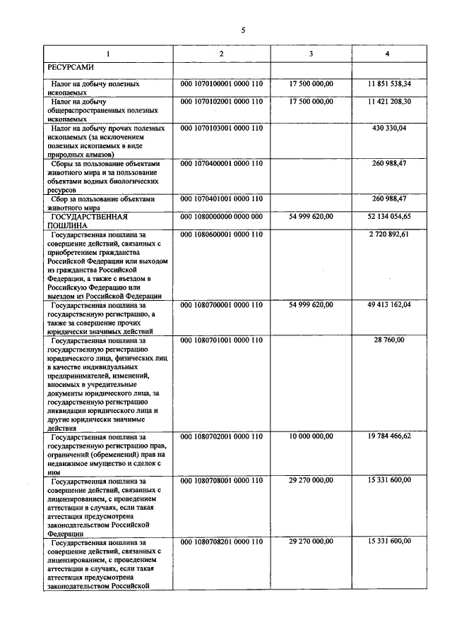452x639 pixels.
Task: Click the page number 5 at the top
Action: pyautogui.click(x=242, y=30)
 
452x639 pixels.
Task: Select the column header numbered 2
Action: pyautogui.click(x=222, y=54)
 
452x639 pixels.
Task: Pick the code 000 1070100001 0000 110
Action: pyautogui.click(x=222, y=83)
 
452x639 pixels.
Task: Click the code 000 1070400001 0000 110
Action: pyautogui.click(x=222, y=163)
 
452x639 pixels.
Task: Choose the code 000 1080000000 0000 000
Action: pyautogui.click(x=222, y=216)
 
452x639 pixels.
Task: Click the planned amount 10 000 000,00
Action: pyautogui.click(x=311, y=436)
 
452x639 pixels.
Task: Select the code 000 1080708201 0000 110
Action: pyautogui.click(x=222, y=542)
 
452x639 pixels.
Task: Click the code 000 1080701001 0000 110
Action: pyautogui.click(x=222, y=340)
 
